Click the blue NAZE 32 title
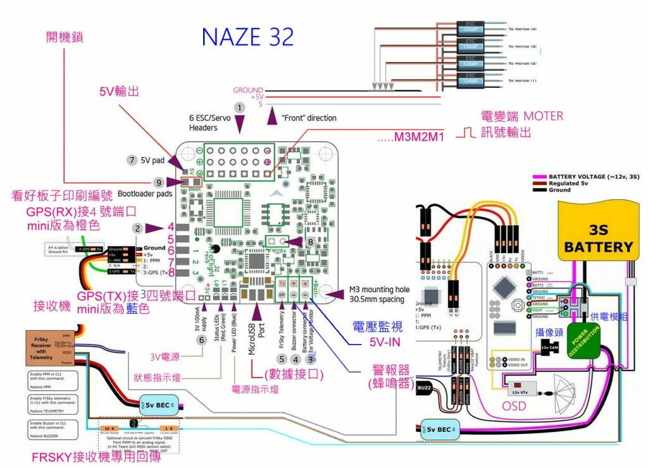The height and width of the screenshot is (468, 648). point(247,37)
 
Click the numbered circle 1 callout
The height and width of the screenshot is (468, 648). point(239,108)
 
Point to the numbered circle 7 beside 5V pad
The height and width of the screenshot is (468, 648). point(132,160)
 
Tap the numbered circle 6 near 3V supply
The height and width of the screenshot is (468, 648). point(202,340)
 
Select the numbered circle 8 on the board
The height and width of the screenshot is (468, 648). point(309,241)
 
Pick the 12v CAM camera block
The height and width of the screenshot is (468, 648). point(549,347)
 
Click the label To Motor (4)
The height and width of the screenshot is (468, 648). point(522,29)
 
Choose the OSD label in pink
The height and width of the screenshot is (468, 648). point(514,405)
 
